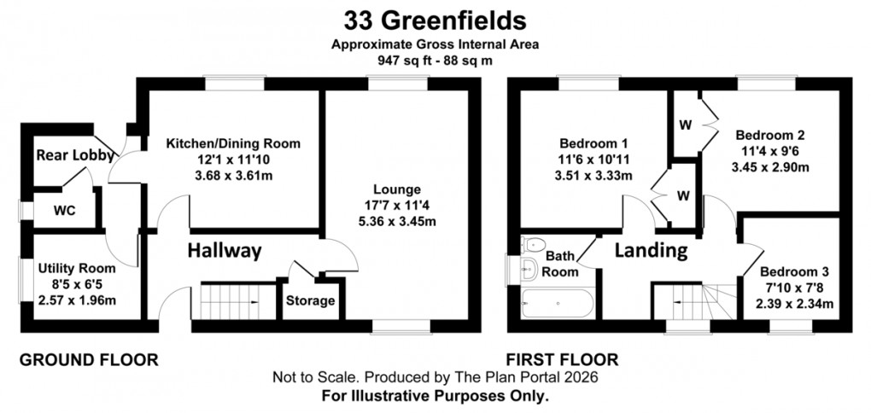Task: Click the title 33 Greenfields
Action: click(x=435, y=19)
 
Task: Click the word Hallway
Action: click(x=225, y=251)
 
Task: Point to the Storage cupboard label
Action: click(x=310, y=301)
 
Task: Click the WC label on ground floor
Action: click(x=64, y=210)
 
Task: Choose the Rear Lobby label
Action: click(x=62, y=156)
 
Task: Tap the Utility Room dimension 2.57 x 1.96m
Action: click(x=77, y=300)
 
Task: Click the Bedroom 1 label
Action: click(x=593, y=143)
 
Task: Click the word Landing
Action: click(x=652, y=251)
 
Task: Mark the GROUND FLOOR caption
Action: click(x=89, y=360)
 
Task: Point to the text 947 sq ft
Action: click(x=401, y=61)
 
